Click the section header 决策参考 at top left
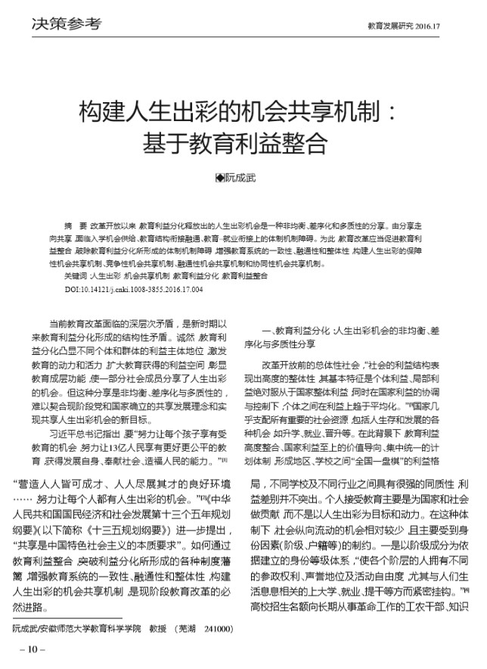67,25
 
